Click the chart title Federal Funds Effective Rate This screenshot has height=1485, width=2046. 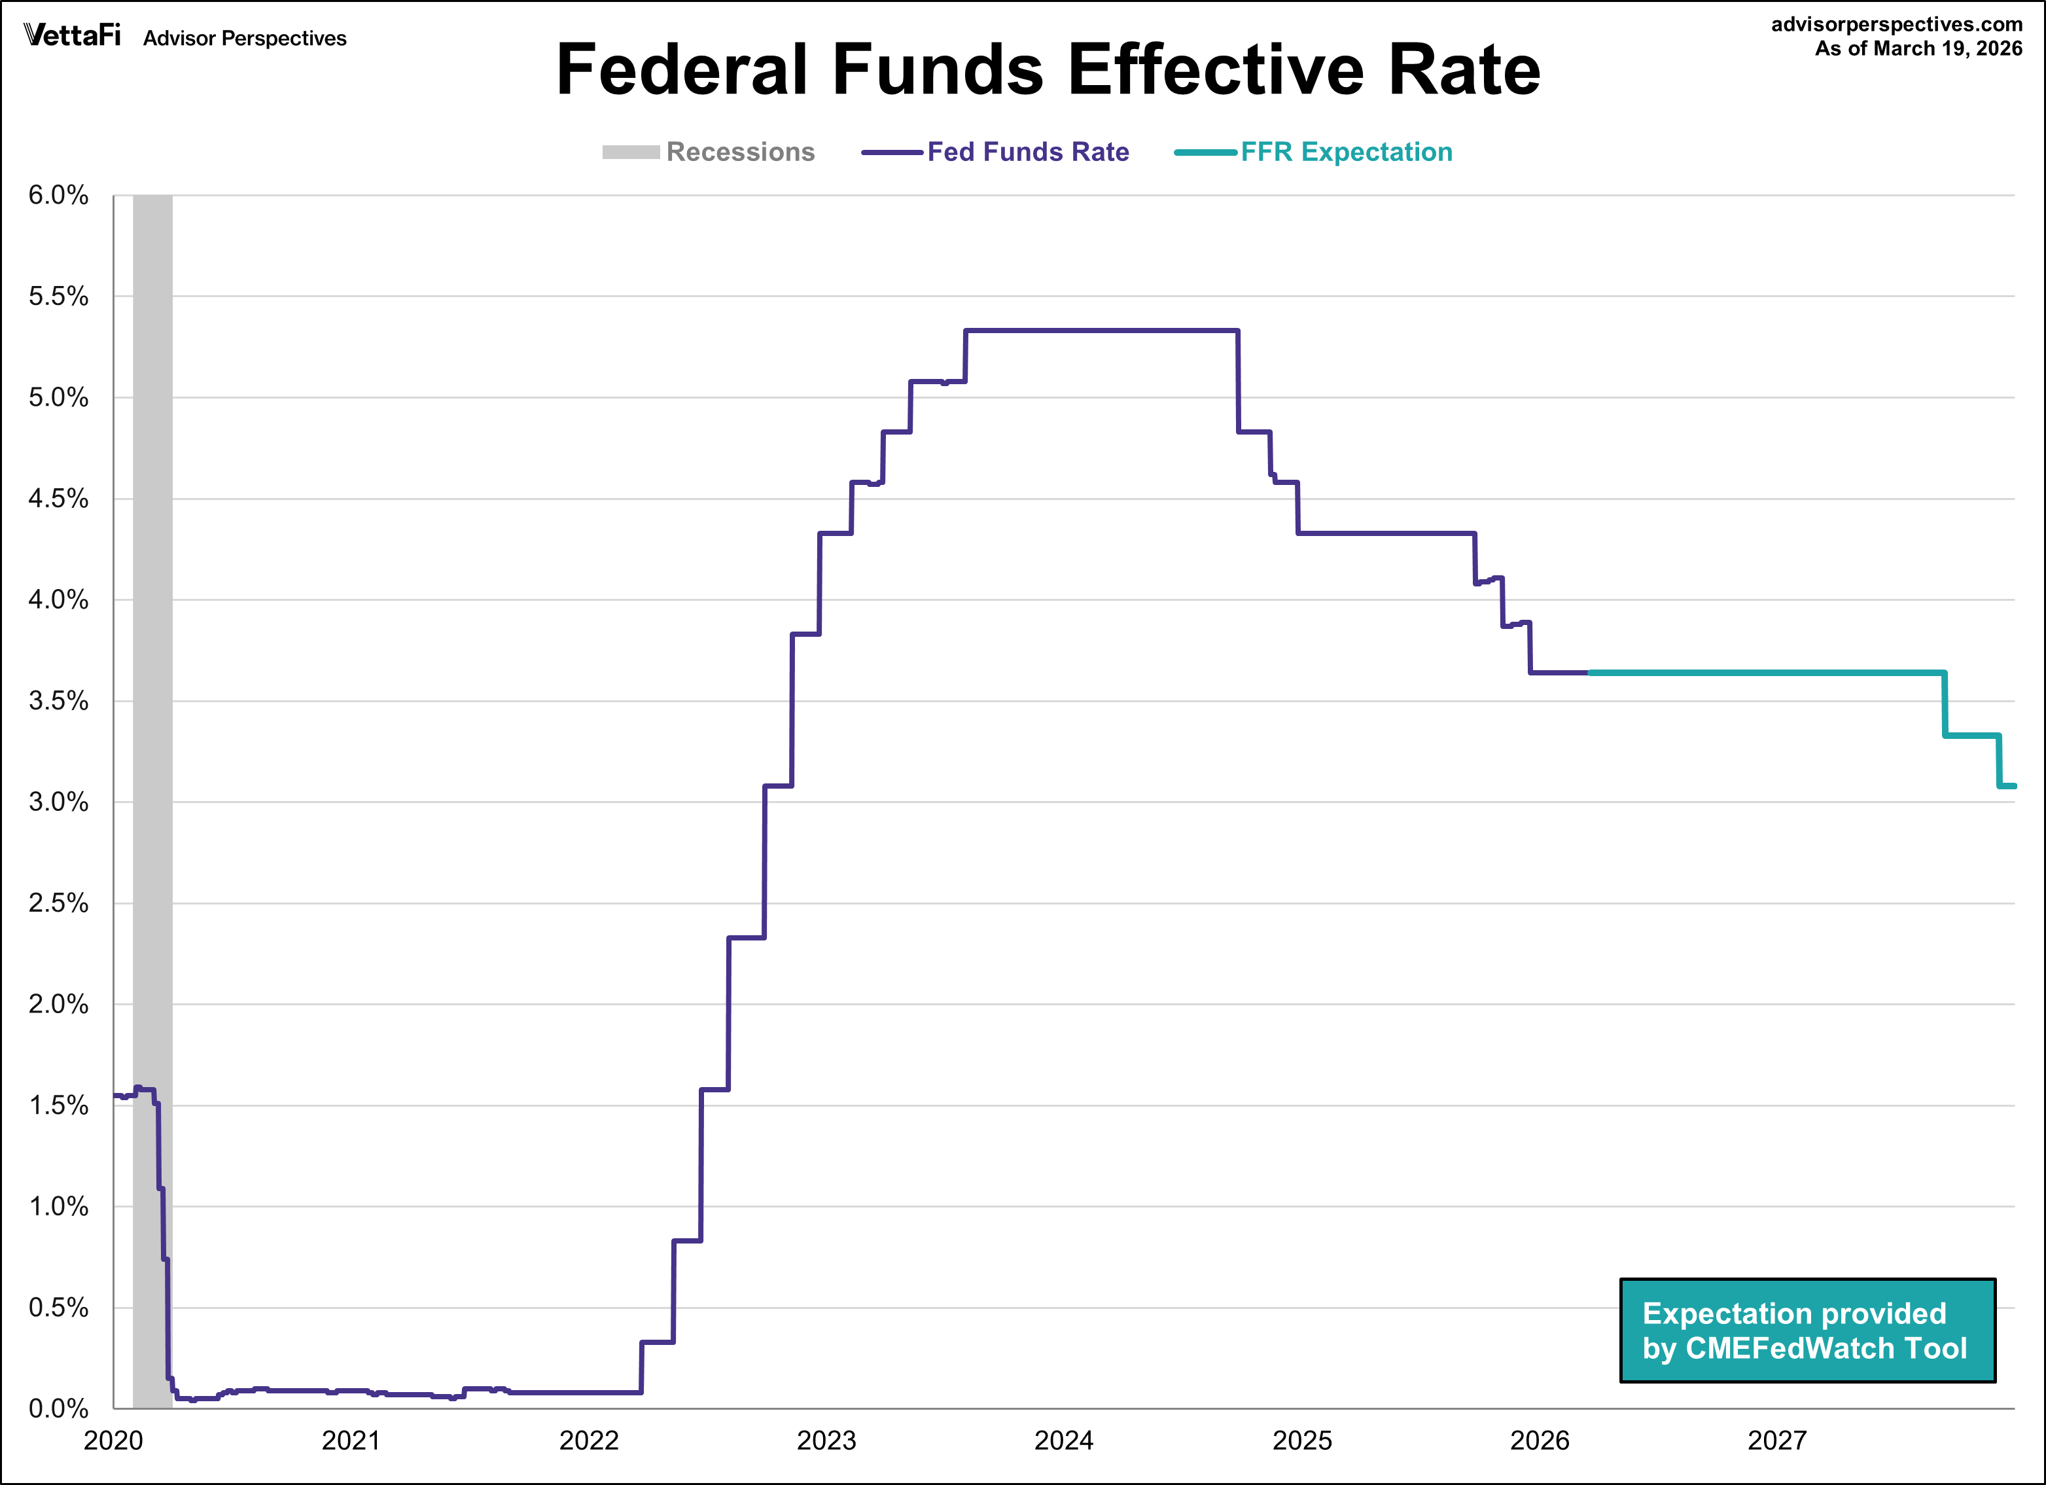point(1048,71)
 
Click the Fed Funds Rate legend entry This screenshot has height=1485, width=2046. point(996,152)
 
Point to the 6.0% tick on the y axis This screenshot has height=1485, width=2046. point(59,195)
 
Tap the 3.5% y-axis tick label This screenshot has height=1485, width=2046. point(59,701)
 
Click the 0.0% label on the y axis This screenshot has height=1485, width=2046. point(59,1408)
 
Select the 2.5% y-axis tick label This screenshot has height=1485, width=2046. point(59,903)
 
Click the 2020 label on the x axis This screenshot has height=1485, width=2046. point(114,1440)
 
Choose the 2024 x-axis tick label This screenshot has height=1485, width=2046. point(1064,1440)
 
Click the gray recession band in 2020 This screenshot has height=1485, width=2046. point(152,722)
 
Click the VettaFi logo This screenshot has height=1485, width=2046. point(72,35)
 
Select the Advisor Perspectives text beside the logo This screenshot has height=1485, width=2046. point(245,39)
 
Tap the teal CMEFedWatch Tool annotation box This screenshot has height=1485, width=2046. point(1807,1331)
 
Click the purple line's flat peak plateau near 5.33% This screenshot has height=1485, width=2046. point(1101,331)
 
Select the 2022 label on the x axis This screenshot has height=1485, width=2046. point(589,1440)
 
